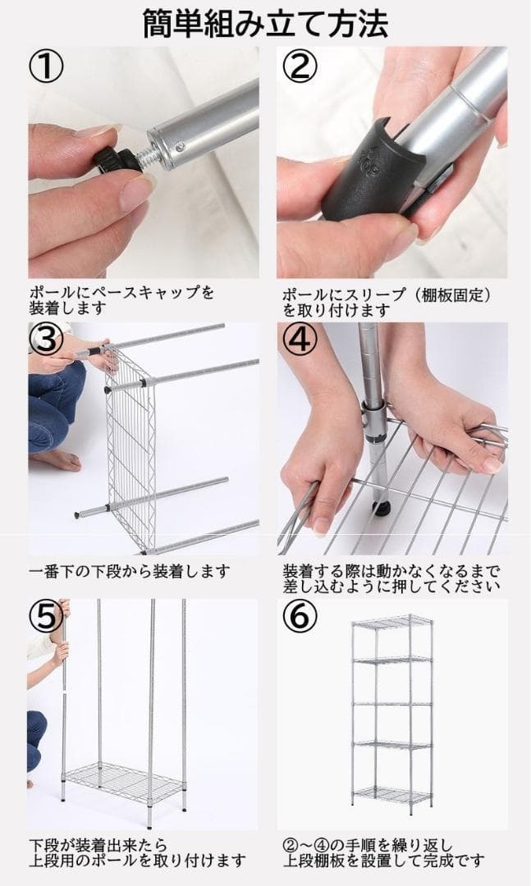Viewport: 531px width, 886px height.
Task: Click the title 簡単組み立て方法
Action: (x=265, y=23)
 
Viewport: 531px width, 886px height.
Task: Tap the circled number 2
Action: (x=300, y=67)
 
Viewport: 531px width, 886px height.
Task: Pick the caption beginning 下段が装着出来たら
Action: (x=136, y=852)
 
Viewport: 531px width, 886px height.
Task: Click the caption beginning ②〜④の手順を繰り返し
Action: (x=382, y=852)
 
